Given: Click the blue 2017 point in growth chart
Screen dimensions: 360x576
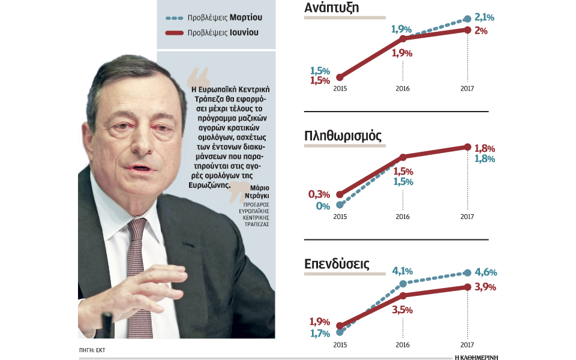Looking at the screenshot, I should pos(467,19).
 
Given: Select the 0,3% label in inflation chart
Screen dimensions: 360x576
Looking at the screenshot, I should pos(319,194).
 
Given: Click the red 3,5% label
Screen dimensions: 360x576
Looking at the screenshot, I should pos(403,310).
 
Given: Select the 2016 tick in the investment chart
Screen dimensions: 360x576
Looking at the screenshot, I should pos(403,345).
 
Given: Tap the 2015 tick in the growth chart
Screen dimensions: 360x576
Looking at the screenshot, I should pos(340,89).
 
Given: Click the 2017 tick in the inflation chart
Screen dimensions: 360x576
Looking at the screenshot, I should pos(467,217).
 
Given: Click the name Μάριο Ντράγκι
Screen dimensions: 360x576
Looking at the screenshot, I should pos(256,191).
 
